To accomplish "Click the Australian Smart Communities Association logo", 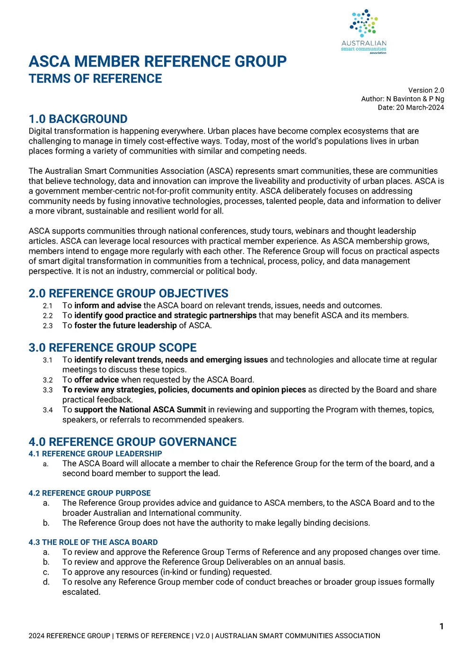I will [364, 31].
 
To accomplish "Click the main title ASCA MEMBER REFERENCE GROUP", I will [158, 61].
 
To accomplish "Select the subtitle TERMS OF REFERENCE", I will [95, 79].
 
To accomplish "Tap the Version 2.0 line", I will [426, 90].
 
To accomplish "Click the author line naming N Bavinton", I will [403, 99].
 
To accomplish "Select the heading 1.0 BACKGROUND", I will [78, 119].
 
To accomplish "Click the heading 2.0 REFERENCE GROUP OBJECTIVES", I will [128, 293].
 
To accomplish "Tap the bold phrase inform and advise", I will [108, 306].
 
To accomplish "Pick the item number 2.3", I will [48, 326].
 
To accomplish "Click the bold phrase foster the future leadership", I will [125, 325].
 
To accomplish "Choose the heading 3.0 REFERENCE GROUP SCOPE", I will [113, 348].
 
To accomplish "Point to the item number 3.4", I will [48, 410].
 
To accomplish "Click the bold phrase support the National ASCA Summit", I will [140, 410].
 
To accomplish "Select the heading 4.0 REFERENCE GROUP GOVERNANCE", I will [132, 442].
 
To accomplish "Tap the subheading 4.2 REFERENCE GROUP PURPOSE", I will [89, 493].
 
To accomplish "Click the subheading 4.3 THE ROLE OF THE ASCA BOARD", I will [93, 542].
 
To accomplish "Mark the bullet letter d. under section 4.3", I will [46, 582].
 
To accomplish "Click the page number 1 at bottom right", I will [441, 626].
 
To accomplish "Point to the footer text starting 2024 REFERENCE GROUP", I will [204, 636].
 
